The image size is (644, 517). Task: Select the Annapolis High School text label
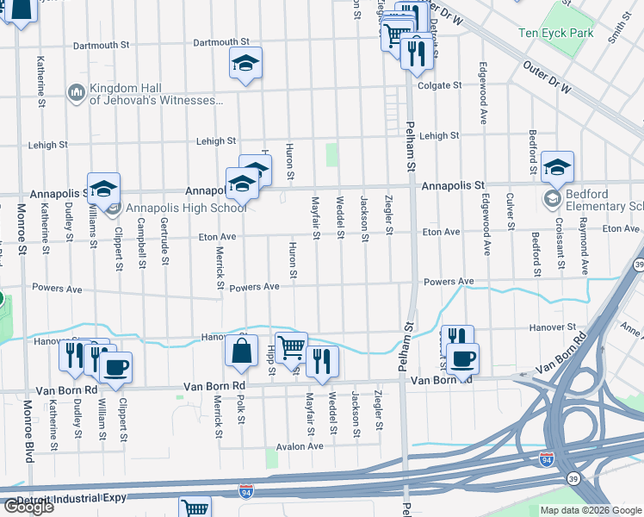186,208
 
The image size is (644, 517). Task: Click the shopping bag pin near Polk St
241,351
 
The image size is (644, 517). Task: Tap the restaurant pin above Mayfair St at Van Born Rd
321,362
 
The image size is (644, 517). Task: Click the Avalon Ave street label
299,446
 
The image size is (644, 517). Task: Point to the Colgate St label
435,85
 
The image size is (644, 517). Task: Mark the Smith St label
614,28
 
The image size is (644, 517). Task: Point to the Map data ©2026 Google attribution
590,510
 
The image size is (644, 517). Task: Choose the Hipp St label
269,361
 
